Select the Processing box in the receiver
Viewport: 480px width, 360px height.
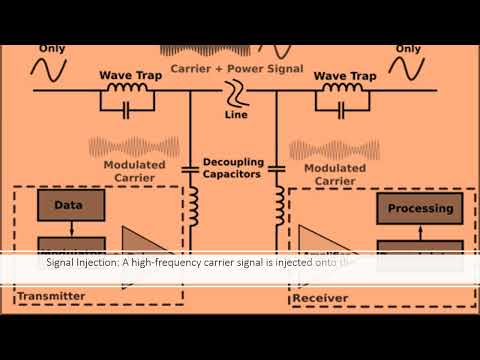(x=419, y=209)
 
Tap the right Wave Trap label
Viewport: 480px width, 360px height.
(x=344, y=75)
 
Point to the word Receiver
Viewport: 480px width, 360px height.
(x=320, y=297)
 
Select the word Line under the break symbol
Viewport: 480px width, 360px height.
(x=238, y=116)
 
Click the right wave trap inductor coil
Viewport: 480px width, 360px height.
(x=344, y=91)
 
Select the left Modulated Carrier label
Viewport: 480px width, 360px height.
(x=127, y=170)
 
